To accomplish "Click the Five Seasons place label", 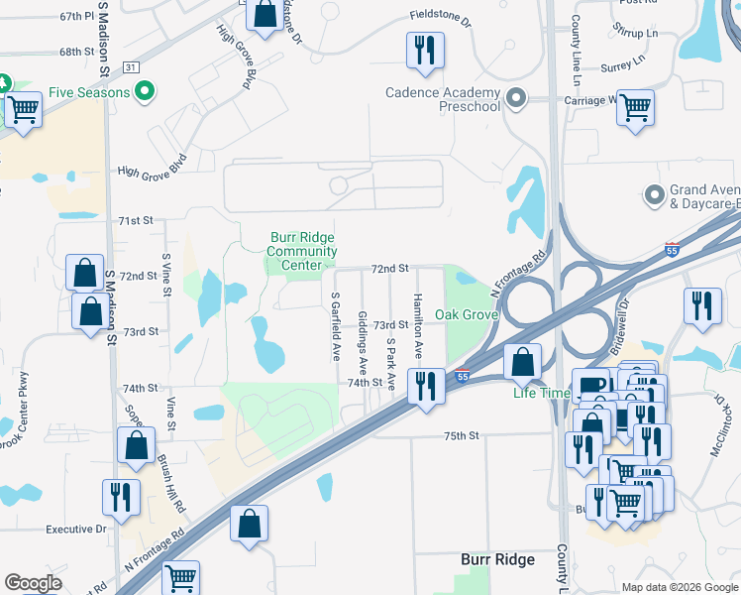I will (89, 93).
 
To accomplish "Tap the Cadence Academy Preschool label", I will (443, 99).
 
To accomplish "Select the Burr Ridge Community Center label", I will (302, 251).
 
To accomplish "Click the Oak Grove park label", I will (466, 314).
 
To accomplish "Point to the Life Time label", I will (541, 393).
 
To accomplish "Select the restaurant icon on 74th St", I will (426, 385).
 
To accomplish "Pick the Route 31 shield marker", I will (132, 66).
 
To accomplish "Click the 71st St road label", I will (136, 220).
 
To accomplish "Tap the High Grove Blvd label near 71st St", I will (152, 170).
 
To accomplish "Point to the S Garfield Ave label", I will (336, 325).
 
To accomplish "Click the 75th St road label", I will (461, 435).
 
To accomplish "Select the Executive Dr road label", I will (75, 529).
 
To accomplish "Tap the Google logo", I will (33, 583).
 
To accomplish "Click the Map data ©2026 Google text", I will (679, 587).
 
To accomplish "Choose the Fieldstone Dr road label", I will (440, 17).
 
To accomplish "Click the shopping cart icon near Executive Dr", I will (179, 577).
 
